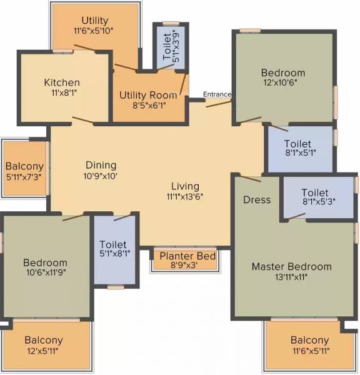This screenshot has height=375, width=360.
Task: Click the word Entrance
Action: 217,94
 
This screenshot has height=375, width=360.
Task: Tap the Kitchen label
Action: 62,82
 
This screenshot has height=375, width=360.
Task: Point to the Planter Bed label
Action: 187,256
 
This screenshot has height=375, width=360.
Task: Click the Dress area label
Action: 257,200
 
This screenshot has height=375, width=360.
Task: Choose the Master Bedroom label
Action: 291,267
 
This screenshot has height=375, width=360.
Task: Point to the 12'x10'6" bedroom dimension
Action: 283,84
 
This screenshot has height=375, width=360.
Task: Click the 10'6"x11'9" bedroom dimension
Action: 45,273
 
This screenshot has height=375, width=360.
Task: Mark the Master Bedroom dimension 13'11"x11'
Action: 291,277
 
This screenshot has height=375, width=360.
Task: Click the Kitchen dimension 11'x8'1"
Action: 62,93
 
